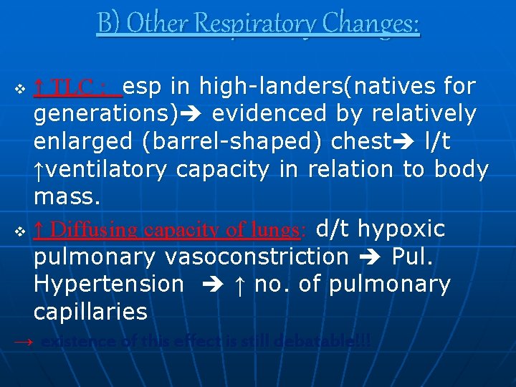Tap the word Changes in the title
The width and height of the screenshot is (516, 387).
click(x=370, y=24)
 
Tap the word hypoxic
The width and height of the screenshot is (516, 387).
click(x=401, y=229)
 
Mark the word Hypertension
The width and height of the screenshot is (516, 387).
click(x=108, y=285)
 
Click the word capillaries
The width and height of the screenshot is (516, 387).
click(x=90, y=312)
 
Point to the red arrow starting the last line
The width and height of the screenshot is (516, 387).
click(x=24, y=342)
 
